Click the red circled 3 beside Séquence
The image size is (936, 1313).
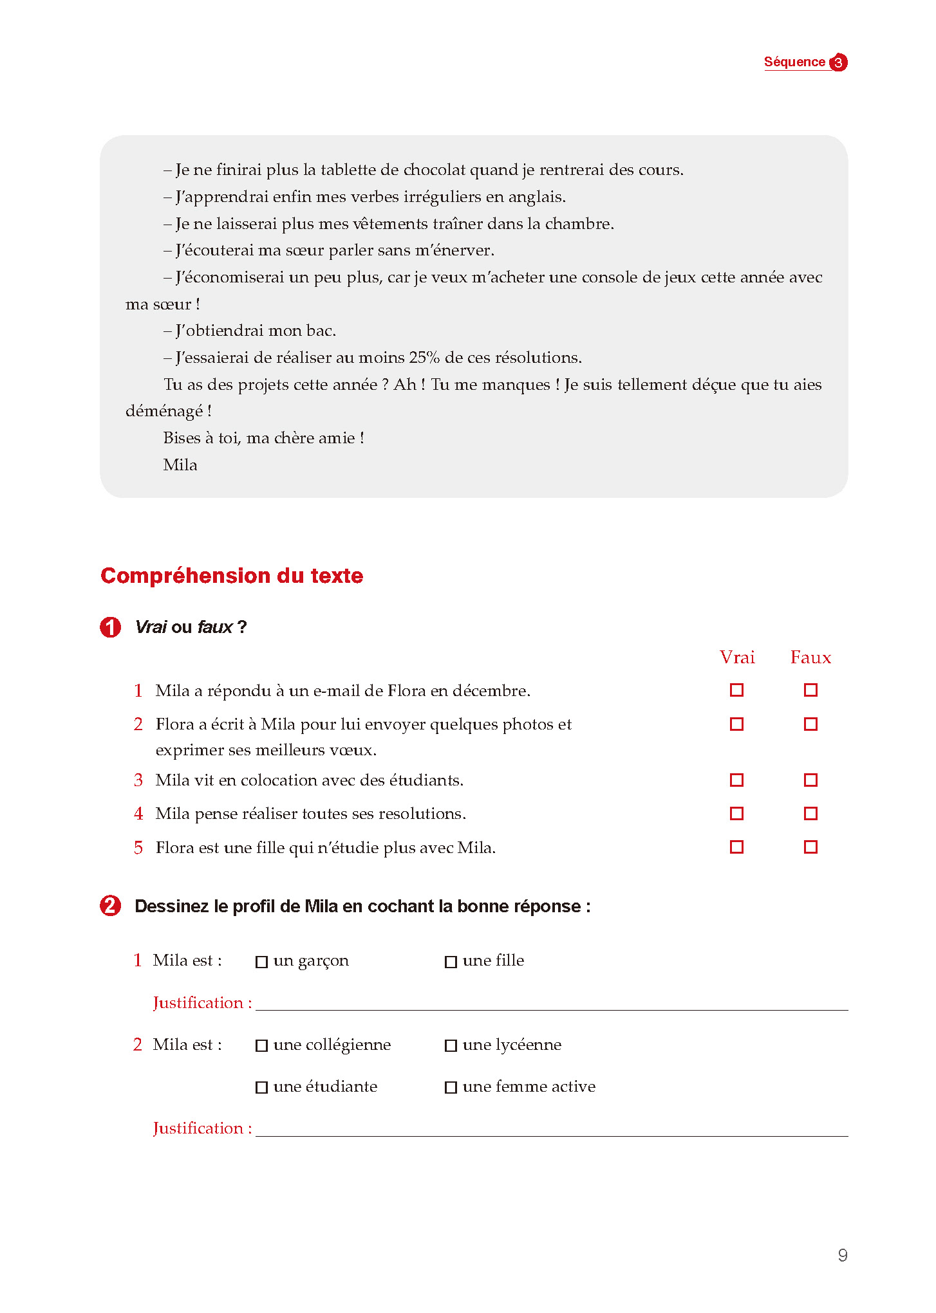pos(838,62)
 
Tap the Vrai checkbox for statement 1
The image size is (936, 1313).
pos(737,690)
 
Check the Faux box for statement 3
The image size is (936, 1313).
pos(810,780)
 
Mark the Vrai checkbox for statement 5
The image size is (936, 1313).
pos(737,847)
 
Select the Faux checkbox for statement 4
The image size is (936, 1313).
pos(810,814)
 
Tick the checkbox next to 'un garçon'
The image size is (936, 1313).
pos(261,962)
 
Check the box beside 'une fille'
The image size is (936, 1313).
pos(451,962)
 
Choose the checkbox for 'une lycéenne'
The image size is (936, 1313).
pos(451,1046)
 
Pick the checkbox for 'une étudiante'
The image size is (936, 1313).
pos(261,1088)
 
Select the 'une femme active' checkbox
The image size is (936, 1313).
pos(451,1088)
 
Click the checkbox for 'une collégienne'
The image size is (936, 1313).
pos(261,1046)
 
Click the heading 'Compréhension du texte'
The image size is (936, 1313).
pos(232,576)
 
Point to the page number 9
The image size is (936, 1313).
pos(843,1255)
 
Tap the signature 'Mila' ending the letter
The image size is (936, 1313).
pos(180,465)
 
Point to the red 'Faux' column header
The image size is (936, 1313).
pos(810,657)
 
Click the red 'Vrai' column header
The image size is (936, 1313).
pos(737,657)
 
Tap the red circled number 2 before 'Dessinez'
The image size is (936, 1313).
pos(110,906)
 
